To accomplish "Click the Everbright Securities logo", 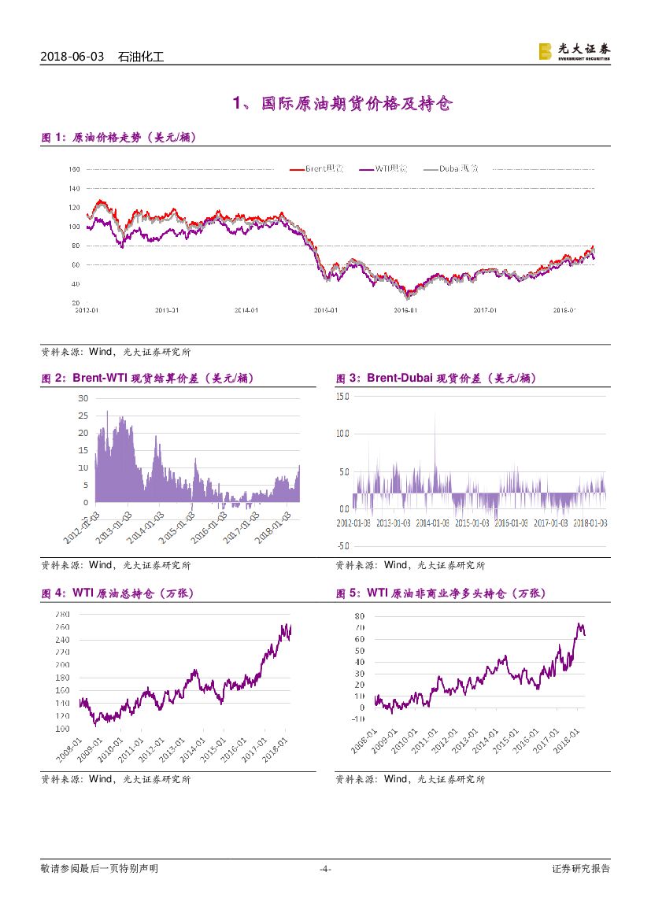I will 573,51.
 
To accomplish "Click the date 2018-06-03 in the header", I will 72,57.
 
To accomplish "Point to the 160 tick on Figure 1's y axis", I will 75,169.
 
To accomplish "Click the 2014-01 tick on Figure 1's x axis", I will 247,310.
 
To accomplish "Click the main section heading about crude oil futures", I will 342,104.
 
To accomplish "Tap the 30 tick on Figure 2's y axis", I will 83,398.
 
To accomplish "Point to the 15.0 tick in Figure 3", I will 342,396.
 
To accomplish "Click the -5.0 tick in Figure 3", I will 342,545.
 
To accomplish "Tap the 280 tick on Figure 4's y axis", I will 63,614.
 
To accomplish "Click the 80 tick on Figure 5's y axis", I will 359,616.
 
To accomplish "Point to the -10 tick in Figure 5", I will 357,719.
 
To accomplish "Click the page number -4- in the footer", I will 325,869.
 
